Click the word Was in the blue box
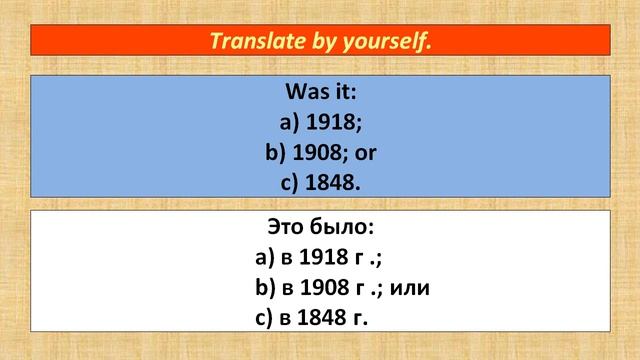point(305,93)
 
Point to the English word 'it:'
point(341,93)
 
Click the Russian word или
point(421,288)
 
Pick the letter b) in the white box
point(265,288)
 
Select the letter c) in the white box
point(265,318)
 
